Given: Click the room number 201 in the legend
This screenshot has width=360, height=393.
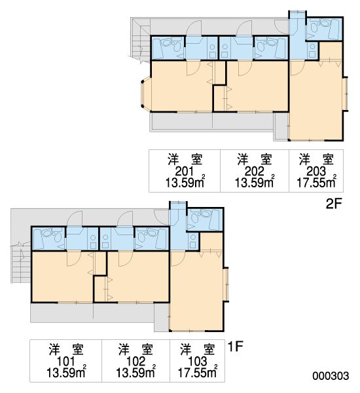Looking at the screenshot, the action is (x=185, y=172).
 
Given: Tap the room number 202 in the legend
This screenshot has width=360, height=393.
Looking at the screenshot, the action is (x=254, y=172).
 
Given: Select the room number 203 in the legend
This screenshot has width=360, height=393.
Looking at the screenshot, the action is (x=316, y=172).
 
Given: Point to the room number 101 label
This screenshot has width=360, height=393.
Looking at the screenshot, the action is (x=66, y=362).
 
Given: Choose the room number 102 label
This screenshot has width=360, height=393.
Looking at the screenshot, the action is (x=135, y=362).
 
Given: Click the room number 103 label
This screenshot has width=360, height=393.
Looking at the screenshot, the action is (x=198, y=362).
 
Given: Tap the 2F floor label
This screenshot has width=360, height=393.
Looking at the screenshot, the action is (x=334, y=204).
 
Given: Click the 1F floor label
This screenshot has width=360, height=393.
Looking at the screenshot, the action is (x=236, y=346).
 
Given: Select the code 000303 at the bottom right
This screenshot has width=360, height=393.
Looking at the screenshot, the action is (x=331, y=376).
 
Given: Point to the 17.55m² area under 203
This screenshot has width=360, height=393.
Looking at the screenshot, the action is (x=316, y=182).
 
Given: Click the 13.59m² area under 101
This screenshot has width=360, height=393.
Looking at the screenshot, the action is (x=66, y=372).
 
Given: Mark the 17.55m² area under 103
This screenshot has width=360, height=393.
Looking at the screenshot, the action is (x=198, y=372).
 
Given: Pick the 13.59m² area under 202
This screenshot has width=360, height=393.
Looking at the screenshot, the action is (x=255, y=182).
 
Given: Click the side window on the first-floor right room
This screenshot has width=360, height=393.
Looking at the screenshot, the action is (x=226, y=284).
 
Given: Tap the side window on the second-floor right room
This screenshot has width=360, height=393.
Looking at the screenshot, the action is (x=346, y=94).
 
